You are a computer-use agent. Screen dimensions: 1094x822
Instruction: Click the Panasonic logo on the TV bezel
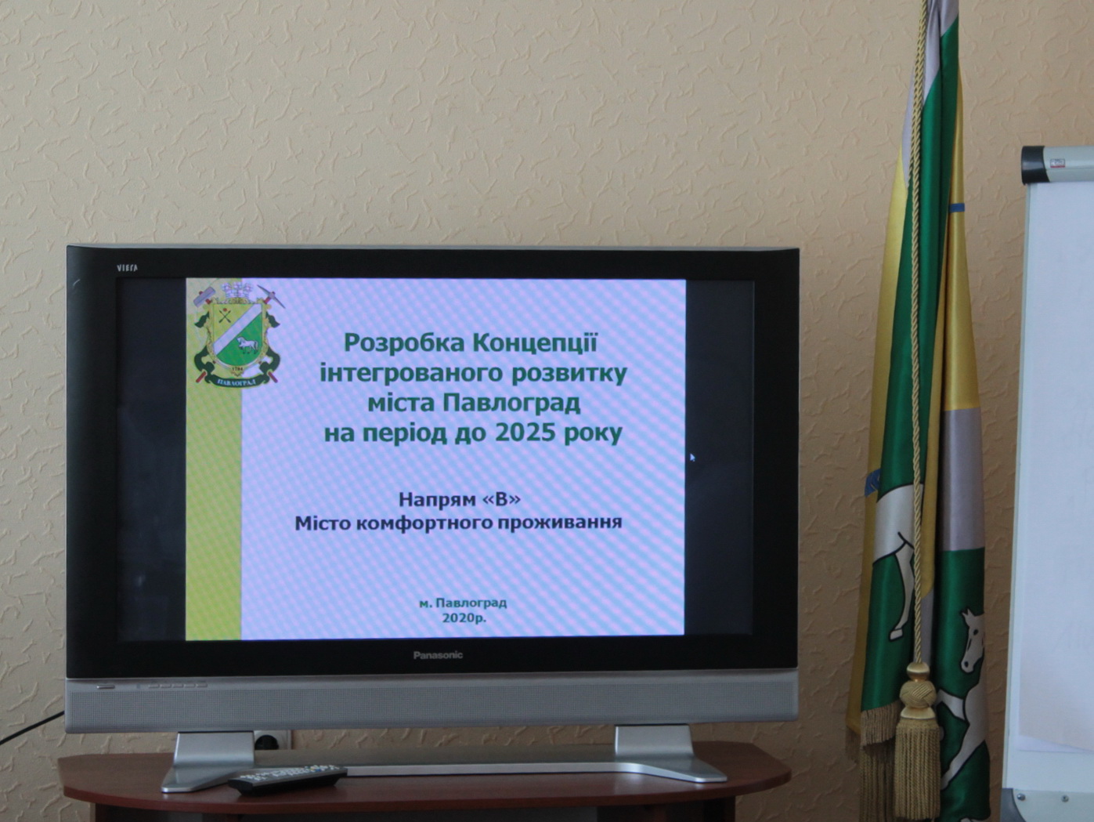[438, 655]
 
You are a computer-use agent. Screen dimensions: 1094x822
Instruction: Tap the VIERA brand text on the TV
[127, 268]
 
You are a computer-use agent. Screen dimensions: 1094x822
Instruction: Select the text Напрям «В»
[460, 499]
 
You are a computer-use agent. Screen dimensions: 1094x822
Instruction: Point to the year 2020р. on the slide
[464, 618]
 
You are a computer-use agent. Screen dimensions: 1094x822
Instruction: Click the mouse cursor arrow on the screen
[692, 457]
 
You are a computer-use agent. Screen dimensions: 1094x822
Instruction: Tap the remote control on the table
[287, 779]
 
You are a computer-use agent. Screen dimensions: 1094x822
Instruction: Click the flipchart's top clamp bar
[1057, 165]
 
